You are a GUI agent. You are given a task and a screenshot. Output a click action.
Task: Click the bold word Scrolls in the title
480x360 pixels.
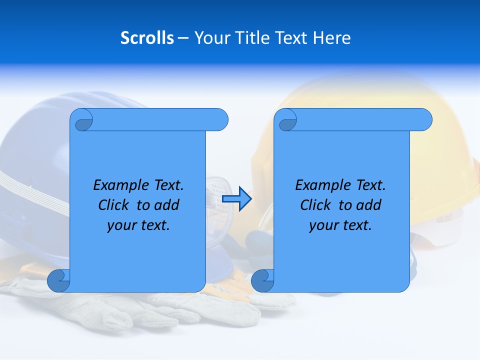coord(147,38)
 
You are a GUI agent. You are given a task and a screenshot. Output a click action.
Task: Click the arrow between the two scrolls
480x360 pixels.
coord(236,199)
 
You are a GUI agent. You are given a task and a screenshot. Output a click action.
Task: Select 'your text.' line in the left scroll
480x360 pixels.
coord(138,225)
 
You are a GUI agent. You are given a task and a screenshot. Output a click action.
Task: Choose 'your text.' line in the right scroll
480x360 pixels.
coord(340,225)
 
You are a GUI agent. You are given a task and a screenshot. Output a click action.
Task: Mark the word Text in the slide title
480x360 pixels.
coord(292,38)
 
